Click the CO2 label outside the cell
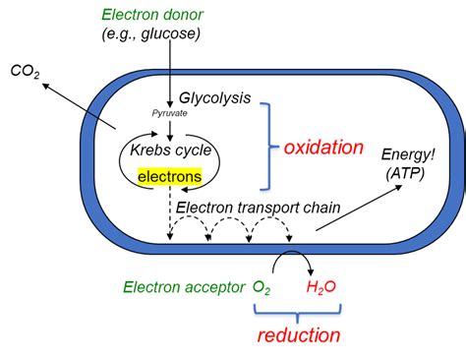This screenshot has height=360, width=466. [x=25, y=71]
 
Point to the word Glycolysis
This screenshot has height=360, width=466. [x=215, y=98]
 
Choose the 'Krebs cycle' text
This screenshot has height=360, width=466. [x=163, y=152]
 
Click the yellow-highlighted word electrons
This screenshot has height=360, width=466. [x=170, y=177]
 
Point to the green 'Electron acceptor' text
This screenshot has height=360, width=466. [x=182, y=287]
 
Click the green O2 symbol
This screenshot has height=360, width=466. [x=262, y=287]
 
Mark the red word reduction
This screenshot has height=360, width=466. [x=299, y=335]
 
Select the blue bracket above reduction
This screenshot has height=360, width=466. [x=296, y=311]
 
